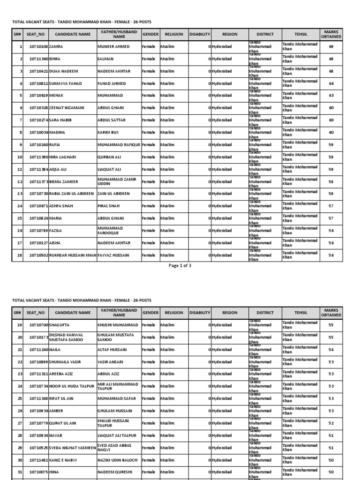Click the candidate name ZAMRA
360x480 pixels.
click(56, 47)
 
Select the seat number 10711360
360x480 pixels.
click(38, 59)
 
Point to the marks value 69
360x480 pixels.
click(331, 47)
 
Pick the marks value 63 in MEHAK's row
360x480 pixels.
click(331, 96)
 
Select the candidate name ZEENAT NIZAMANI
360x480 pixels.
click(67, 108)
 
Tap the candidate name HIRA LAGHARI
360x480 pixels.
click(62, 157)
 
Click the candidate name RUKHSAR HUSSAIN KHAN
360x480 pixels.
click(73, 255)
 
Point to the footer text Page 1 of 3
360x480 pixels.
click(180, 265)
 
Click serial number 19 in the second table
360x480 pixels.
click(20, 325)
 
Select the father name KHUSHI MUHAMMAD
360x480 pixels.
click(118, 325)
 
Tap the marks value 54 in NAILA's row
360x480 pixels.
click(331, 349)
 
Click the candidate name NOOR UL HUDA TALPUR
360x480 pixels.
click(70, 386)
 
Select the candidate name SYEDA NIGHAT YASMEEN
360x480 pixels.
click(72, 448)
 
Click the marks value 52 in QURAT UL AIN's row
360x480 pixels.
click(331, 423)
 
